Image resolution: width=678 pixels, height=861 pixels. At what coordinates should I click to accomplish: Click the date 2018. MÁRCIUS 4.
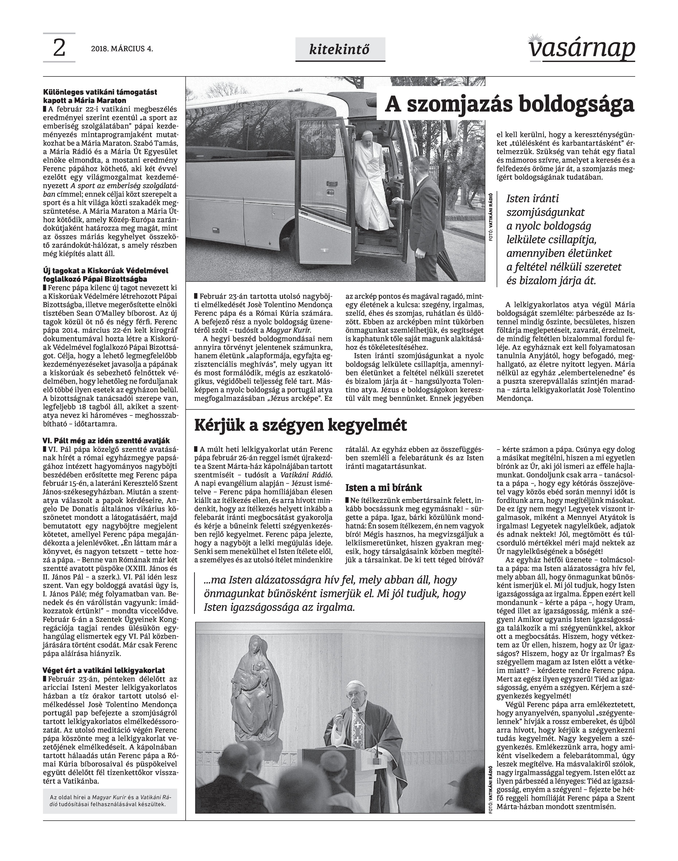(x=122, y=49)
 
